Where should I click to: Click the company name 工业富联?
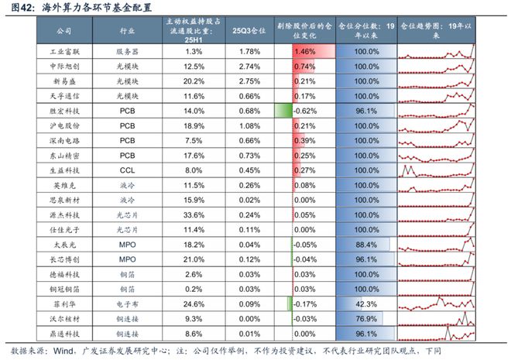(64, 51)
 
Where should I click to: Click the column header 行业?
(128, 30)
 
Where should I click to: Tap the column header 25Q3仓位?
(249, 30)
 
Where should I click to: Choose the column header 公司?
(64, 30)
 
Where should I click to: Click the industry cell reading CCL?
(128, 170)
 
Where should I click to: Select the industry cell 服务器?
(128, 51)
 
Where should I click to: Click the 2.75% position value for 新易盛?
(249, 81)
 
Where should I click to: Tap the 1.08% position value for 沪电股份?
(249, 125)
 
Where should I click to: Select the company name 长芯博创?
(64, 259)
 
